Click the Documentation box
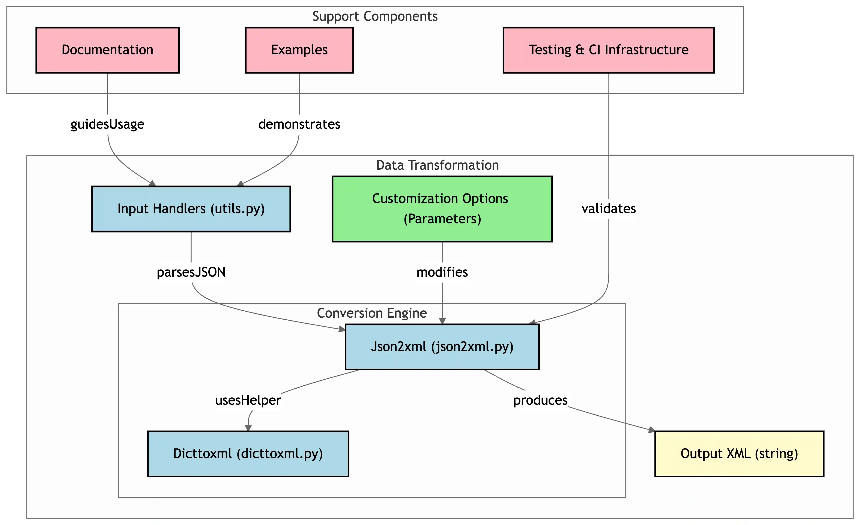108,50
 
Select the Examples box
299,50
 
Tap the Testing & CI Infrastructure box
608,50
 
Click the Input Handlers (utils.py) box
191,209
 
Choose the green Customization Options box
442,209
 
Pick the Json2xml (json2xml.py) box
442,347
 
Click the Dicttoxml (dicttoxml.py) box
248,454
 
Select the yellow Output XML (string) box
739,454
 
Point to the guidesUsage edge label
108,124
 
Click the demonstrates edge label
299,124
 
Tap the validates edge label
608,209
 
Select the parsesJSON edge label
191,272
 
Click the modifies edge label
442,272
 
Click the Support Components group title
375,17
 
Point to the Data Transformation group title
437,165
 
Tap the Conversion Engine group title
372,313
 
